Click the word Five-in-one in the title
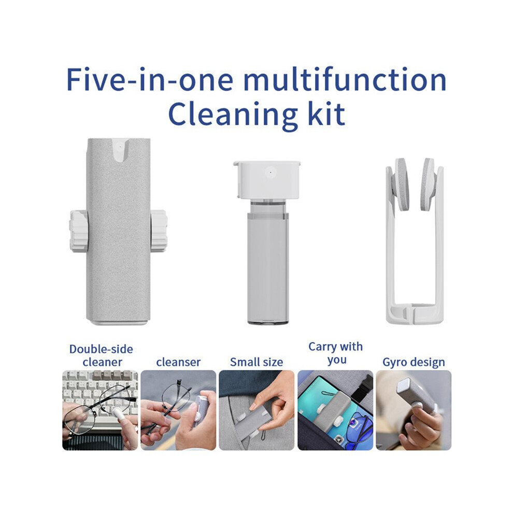click(150, 79)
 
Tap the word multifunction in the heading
click(345, 79)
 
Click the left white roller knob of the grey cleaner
click(79, 231)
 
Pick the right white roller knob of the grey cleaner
click(159, 231)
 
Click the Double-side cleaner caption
click(102, 355)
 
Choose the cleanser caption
click(178, 362)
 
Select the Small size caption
click(256, 362)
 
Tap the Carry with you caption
click(336, 353)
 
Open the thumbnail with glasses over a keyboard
click(100, 410)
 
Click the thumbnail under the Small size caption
click(256, 410)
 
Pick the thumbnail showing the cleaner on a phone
click(335, 410)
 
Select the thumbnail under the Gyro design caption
click(414, 410)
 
